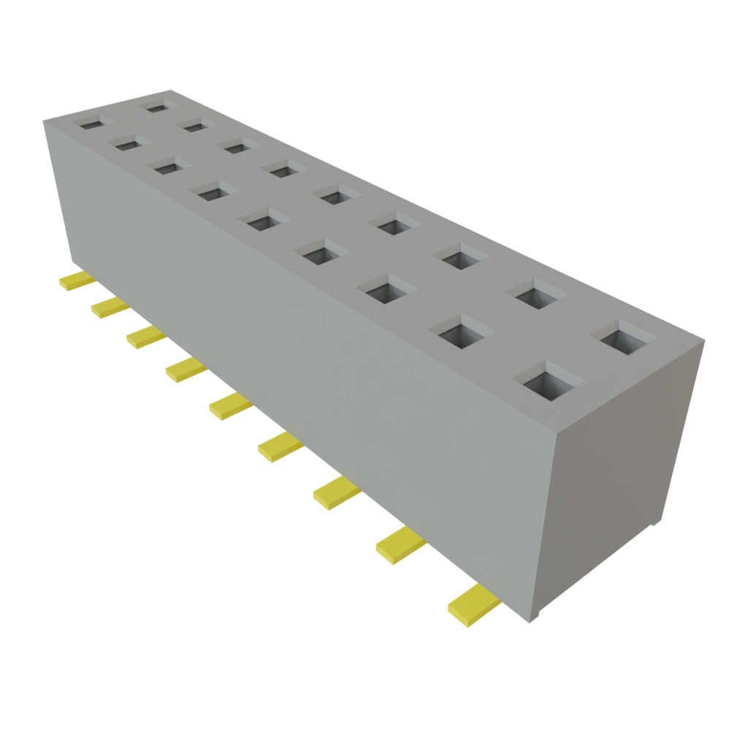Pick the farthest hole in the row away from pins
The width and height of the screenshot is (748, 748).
pyautogui.click(x=156, y=107)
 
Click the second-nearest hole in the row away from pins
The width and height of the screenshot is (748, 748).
pyautogui.click(x=541, y=296)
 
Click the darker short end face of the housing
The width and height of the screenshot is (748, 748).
pyautogui.click(x=621, y=475)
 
